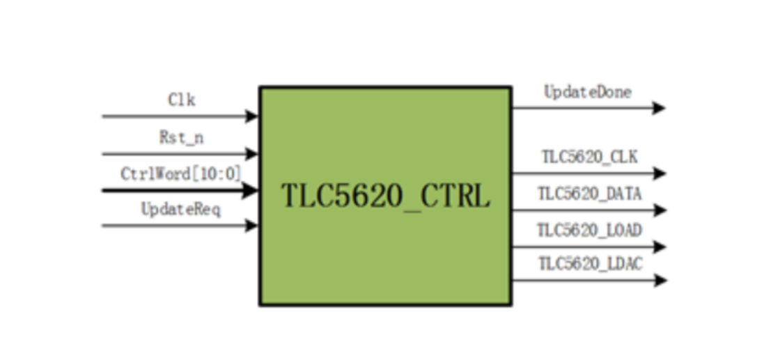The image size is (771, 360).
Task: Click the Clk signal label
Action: pos(182,100)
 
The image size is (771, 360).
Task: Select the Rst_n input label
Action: pos(181,137)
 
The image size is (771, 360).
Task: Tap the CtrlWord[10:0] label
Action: pos(181,173)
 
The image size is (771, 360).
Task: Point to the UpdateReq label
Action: pos(181,209)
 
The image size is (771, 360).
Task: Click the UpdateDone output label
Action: pos(588,92)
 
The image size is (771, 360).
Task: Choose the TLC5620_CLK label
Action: pos(589,157)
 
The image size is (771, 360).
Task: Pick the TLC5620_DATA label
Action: pos(589,194)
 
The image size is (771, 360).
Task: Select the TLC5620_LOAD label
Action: pos(589,230)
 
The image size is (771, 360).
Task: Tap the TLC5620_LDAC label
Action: pos(590,265)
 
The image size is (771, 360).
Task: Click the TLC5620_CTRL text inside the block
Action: pos(385,196)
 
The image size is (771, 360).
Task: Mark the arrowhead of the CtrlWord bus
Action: pos(251,189)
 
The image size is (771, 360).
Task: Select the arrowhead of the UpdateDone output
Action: pos(659,108)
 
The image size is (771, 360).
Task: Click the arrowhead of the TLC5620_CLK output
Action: pos(659,173)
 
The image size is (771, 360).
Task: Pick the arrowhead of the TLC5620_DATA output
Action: pos(659,210)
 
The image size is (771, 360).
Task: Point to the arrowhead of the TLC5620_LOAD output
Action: pos(659,246)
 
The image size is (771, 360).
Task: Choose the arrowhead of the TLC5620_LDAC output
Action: pos(659,281)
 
